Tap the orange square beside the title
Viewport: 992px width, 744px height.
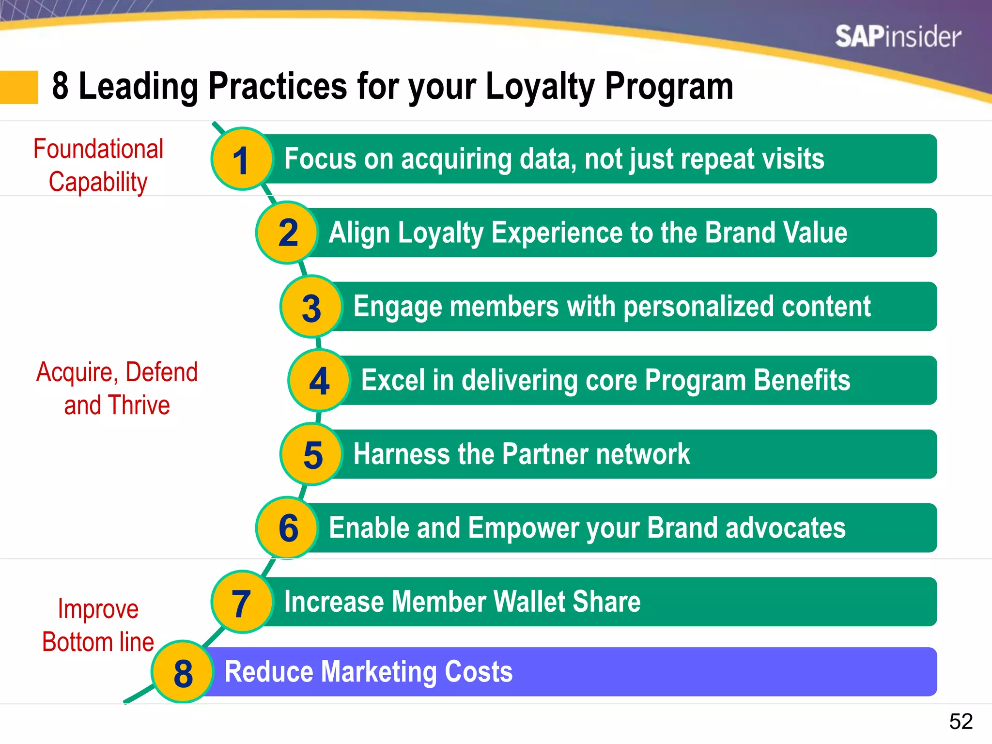click(19, 87)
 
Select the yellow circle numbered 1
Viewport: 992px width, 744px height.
click(241, 159)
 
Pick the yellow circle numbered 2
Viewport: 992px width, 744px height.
click(287, 233)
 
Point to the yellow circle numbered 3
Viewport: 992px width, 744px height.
click(311, 307)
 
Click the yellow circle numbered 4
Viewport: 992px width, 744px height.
click(319, 381)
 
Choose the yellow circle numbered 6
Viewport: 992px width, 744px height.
click(288, 528)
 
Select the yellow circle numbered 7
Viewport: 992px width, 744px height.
click(241, 602)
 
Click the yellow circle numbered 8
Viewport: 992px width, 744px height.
click(183, 673)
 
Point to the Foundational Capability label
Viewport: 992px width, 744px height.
click(98, 165)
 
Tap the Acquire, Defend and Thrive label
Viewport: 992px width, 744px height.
click(117, 388)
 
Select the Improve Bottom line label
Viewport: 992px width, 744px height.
click(98, 625)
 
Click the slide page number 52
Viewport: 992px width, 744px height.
click(961, 721)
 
